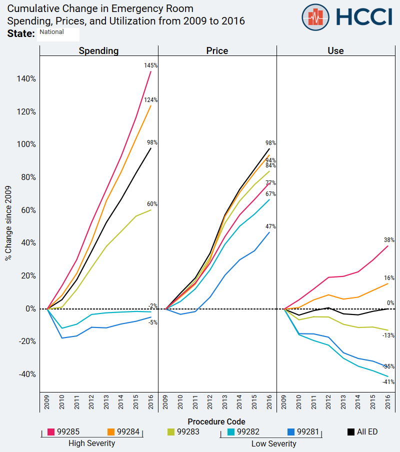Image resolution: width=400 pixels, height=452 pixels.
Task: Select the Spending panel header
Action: click(98, 50)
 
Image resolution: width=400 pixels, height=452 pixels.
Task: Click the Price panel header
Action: click(217, 50)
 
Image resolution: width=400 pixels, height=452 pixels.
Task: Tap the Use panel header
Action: click(335, 50)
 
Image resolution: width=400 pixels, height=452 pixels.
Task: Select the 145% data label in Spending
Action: click(151, 65)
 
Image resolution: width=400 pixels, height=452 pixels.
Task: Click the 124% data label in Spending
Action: click(151, 100)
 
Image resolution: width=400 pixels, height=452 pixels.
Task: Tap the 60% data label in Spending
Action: click(152, 204)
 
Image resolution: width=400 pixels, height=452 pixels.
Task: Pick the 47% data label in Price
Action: click(270, 226)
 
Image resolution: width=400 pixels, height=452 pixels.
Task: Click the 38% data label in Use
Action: click(389, 239)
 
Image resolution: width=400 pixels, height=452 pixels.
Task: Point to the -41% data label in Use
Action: click(388, 382)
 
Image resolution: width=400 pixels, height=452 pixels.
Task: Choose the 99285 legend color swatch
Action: click(51, 431)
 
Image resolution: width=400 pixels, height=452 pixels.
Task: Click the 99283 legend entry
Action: click(183, 431)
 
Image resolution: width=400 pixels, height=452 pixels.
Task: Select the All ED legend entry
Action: click(362, 431)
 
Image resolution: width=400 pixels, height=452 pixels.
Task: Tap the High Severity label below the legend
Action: click(91, 443)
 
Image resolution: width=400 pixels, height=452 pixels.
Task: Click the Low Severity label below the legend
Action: click(273, 443)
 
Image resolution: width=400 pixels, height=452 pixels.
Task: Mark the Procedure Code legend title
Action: click(216, 421)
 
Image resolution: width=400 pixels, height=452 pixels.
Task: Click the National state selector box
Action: click(58, 34)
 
